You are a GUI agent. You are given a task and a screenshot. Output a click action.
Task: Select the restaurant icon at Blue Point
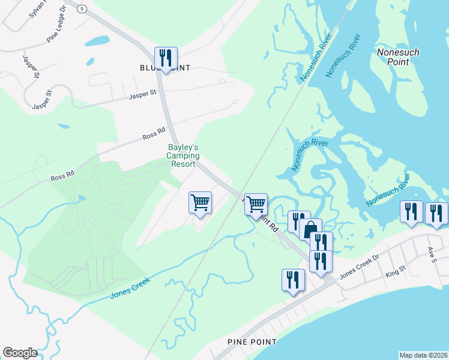click(165, 58)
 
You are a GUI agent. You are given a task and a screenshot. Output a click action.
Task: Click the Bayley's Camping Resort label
click(183, 155)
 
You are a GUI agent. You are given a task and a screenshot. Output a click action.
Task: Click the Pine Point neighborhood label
click(252, 341)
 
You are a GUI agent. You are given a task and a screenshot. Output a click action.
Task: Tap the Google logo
click(20, 353)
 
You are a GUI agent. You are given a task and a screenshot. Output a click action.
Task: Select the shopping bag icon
click(310, 230)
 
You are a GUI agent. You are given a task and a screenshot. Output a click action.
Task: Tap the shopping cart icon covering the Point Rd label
click(256, 204)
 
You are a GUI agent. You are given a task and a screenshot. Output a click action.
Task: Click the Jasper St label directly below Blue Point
click(143, 94)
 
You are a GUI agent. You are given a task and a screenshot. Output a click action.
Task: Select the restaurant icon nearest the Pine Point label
click(293, 281)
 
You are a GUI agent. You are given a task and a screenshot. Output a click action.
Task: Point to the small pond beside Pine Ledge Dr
click(97, 41)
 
